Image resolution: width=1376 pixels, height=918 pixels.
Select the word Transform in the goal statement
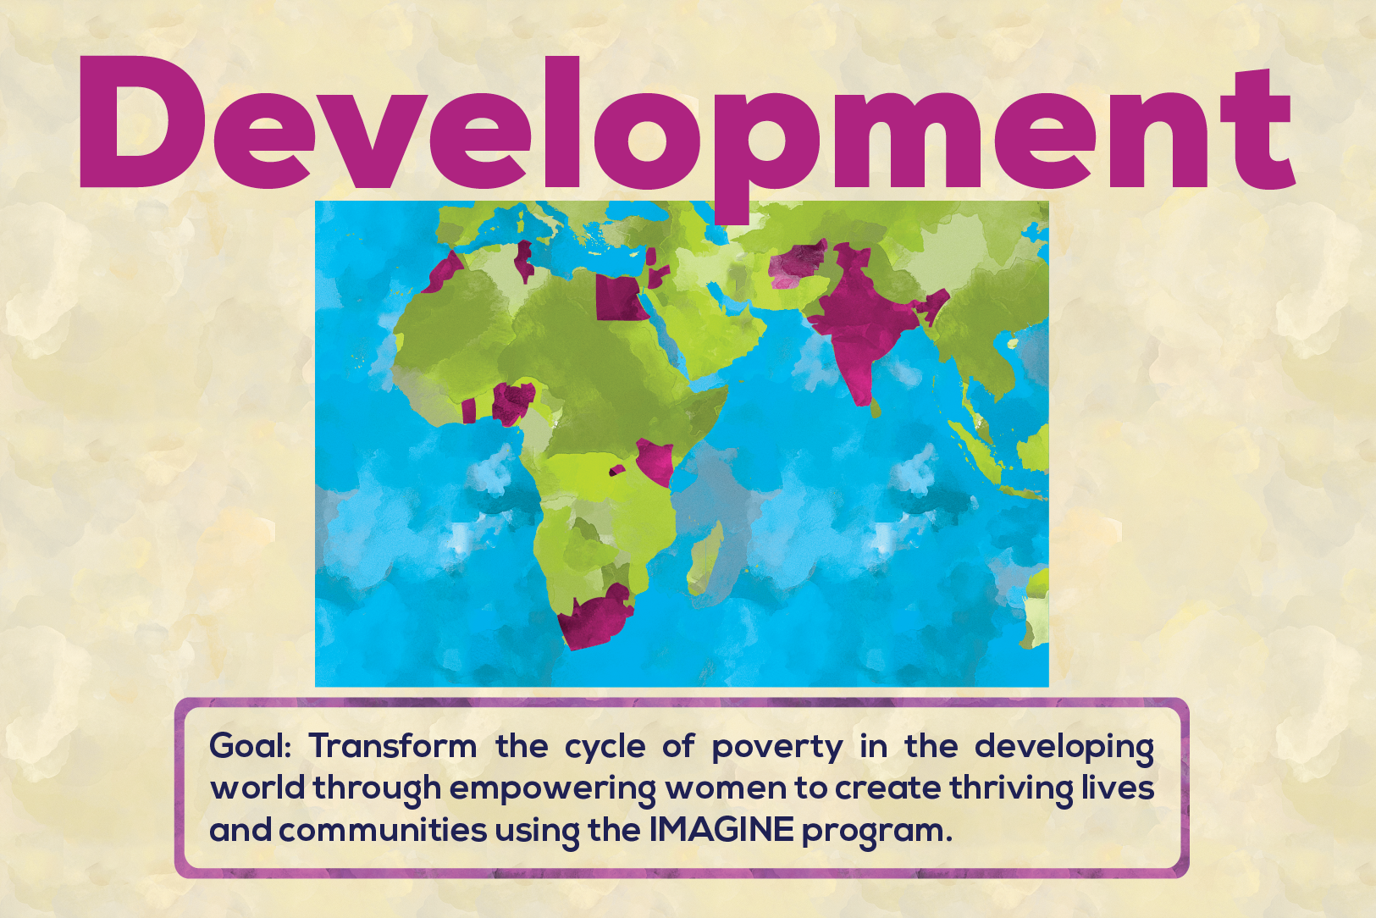(393, 747)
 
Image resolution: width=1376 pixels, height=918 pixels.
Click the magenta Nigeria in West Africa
(513, 402)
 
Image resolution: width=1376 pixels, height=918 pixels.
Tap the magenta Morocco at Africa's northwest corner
(445, 270)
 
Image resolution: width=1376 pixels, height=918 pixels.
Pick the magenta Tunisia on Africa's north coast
(524, 261)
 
